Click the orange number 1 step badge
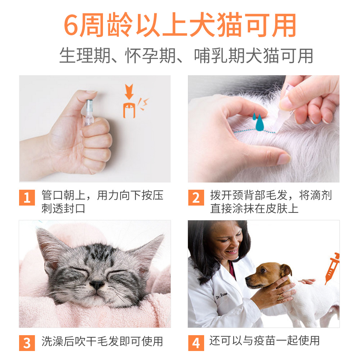click(27, 198)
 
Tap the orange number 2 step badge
click(196, 198)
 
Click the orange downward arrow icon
click(128, 91)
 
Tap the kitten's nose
click(96, 285)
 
